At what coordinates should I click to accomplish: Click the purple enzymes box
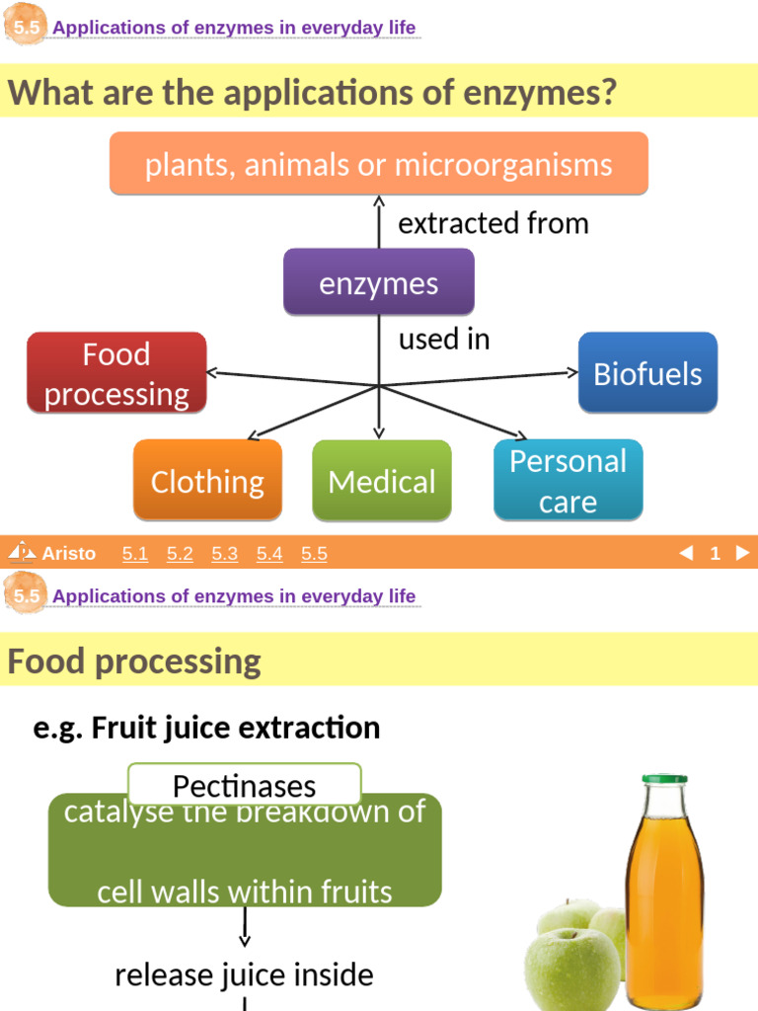pyautogui.click(x=379, y=283)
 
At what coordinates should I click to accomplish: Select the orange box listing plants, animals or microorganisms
pyautogui.click(x=379, y=164)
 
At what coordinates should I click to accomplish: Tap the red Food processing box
pyautogui.click(x=116, y=373)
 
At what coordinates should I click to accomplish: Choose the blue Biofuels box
pyautogui.click(x=647, y=373)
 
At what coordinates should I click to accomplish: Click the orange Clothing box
pyautogui.click(x=207, y=481)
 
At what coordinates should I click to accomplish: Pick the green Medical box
pyautogui.click(x=382, y=481)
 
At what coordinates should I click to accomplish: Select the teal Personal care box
pyautogui.click(x=568, y=481)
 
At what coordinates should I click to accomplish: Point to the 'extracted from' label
pyautogui.click(x=493, y=223)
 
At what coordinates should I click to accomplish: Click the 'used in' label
pyautogui.click(x=444, y=339)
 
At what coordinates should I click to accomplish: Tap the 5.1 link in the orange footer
pyautogui.click(x=135, y=554)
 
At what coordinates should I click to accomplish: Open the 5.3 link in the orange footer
pyautogui.click(x=225, y=554)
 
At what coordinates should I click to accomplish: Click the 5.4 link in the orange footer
pyautogui.click(x=269, y=554)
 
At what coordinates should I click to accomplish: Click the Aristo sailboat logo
pyautogui.click(x=21, y=552)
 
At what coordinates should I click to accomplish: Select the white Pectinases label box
pyautogui.click(x=245, y=785)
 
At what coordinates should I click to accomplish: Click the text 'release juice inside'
pyautogui.click(x=244, y=974)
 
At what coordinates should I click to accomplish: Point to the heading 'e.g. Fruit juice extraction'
pyautogui.click(x=206, y=728)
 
